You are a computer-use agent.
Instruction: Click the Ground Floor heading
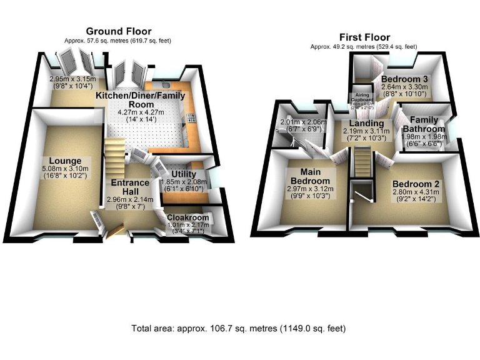tap(118, 31)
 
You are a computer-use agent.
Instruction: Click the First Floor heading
tap(364, 37)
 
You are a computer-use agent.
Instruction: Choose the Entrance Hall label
tap(130, 187)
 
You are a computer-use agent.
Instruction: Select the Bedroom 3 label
tap(404, 79)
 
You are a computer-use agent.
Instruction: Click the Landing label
tap(367, 124)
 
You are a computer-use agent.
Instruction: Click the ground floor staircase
tap(116, 159)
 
